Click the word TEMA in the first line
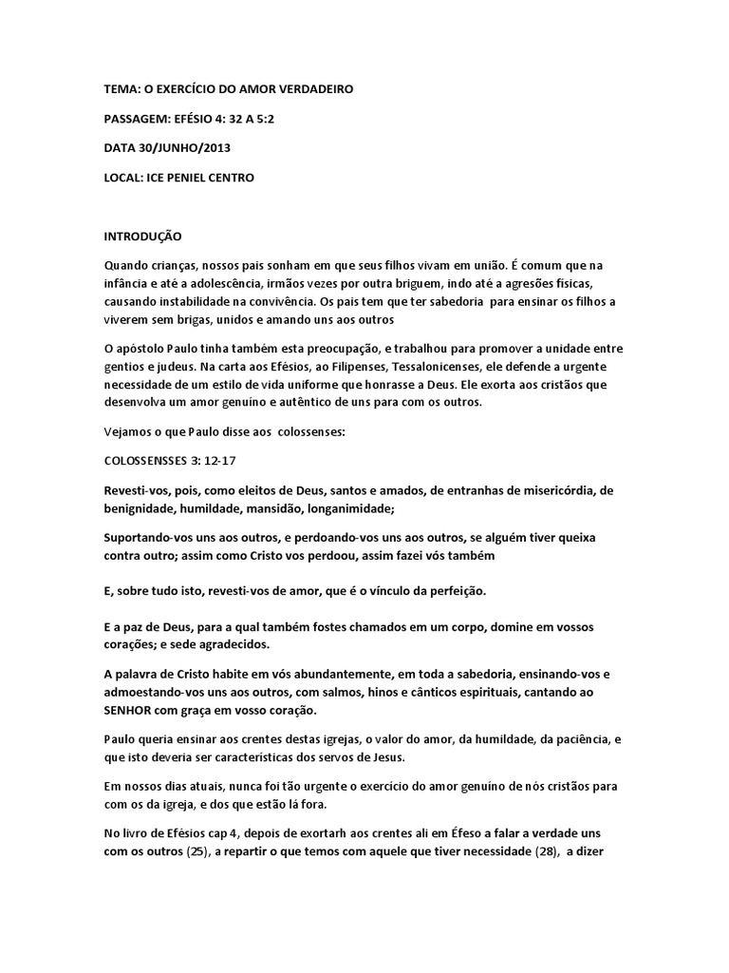[121, 89]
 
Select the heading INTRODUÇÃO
[142, 236]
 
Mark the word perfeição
[449, 591]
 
